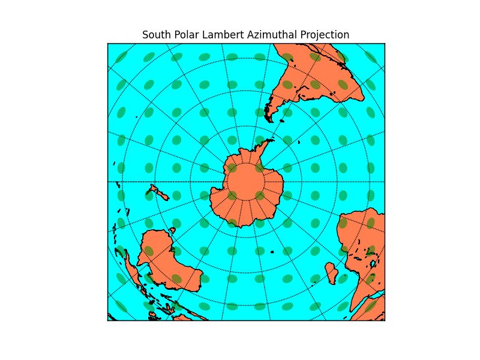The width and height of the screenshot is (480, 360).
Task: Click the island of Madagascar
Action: pos(332,276)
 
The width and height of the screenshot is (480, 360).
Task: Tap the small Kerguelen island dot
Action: pos(273,252)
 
